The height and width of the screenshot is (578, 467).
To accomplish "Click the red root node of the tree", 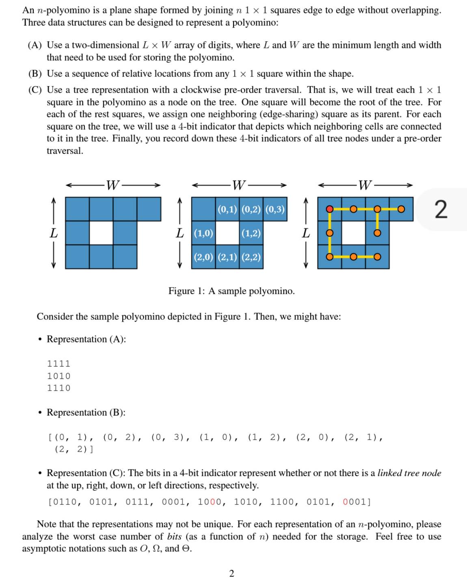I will pyautogui.click(x=330, y=209).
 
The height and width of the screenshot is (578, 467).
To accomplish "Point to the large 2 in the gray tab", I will pyautogui.click(x=441, y=210).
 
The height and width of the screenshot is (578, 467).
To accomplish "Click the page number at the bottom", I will pyautogui.click(x=231, y=573).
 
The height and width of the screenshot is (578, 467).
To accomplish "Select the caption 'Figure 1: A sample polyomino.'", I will pyautogui.click(x=231, y=291).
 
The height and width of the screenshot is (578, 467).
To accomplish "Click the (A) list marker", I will pyautogui.click(x=35, y=45).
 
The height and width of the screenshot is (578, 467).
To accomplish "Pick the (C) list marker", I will pyautogui.click(x=35, y=90).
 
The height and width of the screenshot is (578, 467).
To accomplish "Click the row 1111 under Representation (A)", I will pyautogui.click(x=59, y=364).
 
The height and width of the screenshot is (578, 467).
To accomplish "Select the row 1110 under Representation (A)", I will pyautogui.click(x=59, y=388).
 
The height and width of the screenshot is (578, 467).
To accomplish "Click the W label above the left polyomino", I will pyautogui.click(x=112, y=186).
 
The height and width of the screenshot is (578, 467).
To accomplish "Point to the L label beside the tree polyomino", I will pyautogui.click(x=306, y=233).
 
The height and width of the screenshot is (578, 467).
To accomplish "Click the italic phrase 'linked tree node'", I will pyautogui.click(x=409, y=473).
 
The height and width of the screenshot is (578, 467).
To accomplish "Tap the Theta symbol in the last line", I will pyautogui.click(x=187, y=548).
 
